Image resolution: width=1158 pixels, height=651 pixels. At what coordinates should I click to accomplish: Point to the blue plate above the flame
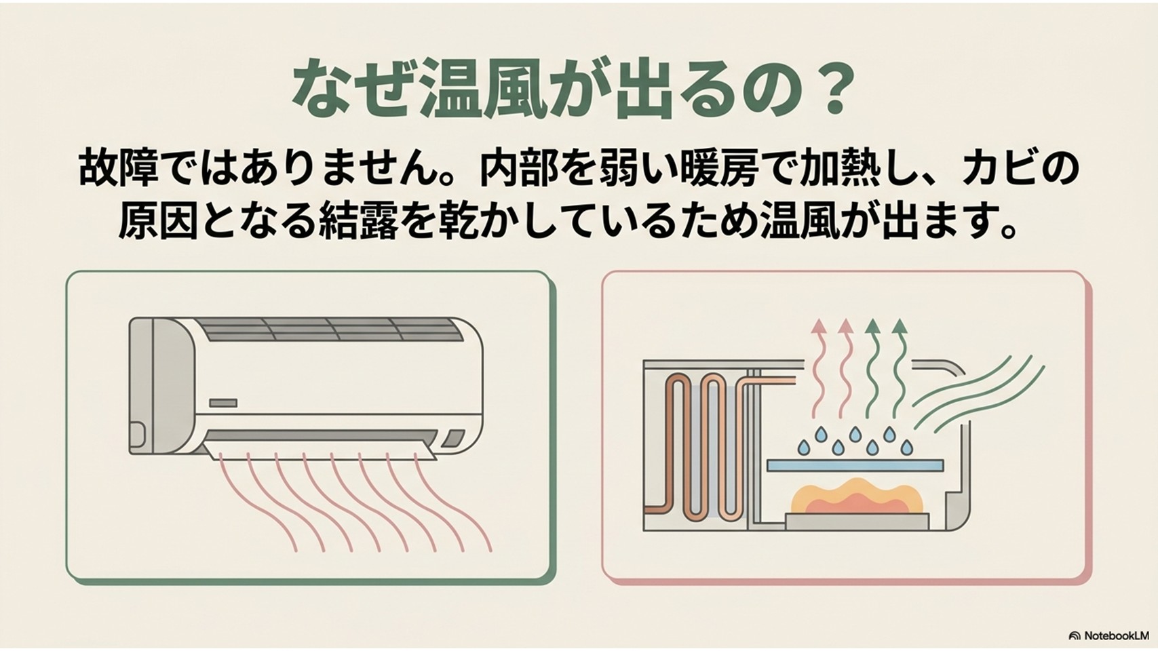[x=855, y=465]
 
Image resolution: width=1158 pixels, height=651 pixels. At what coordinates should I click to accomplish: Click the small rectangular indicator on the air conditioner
[x=223, y=403]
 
